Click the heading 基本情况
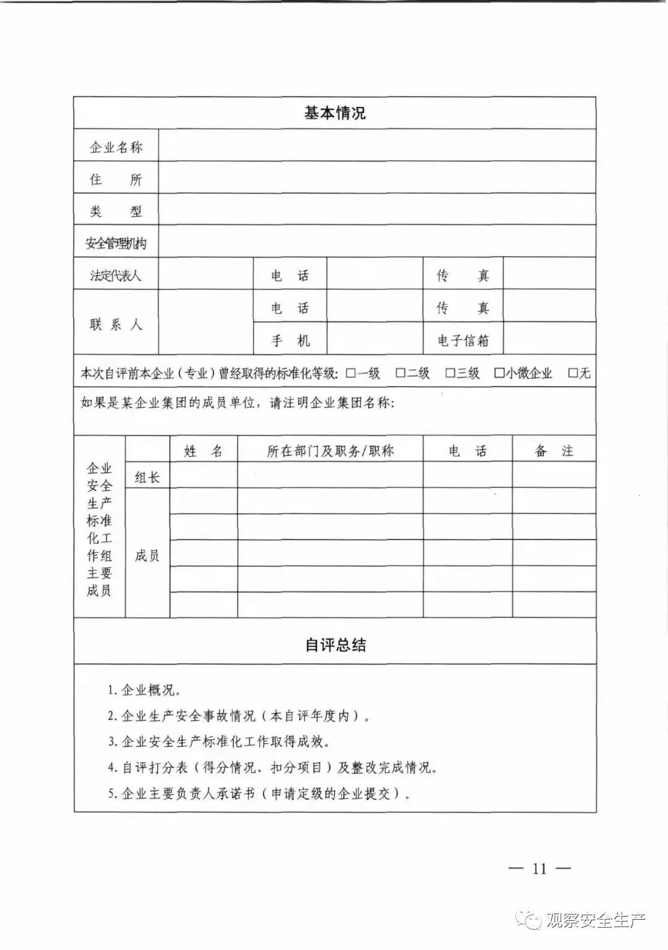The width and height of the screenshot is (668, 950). (335, 113)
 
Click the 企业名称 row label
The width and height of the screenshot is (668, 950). (116, 147)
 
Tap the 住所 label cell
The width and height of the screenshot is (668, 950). (116, 179)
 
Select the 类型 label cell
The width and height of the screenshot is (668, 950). (116, 212)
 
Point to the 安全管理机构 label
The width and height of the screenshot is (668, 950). (116, 244)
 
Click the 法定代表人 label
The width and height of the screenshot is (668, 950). (116, 275)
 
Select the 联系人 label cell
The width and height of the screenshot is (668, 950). (116, 324)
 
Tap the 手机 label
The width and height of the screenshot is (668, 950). (290, 340)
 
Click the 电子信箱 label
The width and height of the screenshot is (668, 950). (463, 340)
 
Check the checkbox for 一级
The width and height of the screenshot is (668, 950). (351, 373)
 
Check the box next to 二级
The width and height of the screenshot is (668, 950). (400, 373)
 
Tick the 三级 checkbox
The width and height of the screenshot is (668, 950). (450, 373)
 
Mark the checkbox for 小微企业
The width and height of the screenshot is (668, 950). (499, 373)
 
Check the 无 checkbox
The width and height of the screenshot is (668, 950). (573, 373)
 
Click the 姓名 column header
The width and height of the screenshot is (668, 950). (203, 451)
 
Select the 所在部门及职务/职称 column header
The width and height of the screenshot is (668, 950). (330, 451)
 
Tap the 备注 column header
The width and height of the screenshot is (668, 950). (554, 451)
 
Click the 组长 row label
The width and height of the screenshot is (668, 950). (147, 477)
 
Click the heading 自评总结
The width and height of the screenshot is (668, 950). (335, 645)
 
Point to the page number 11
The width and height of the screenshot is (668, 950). (539, 868)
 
